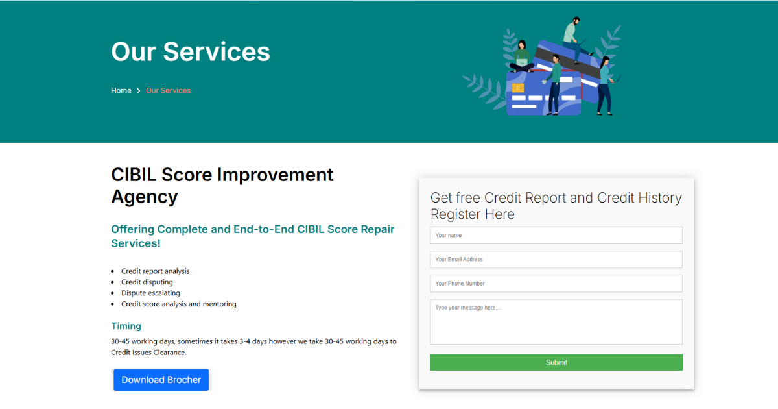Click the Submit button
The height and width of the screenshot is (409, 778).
click(556, 362)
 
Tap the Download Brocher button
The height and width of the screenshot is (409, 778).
click(161, 380)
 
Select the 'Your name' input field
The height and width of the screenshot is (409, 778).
click(556, 235)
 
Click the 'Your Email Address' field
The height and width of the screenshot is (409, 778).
click(556, 259)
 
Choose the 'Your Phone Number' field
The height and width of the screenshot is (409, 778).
click(556, 284)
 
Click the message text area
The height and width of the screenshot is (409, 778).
click(556, 321)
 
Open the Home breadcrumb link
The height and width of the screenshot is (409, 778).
click(121, 91)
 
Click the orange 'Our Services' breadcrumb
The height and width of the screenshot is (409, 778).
click(169, 91)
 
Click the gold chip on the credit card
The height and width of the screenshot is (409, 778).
click(518, 88)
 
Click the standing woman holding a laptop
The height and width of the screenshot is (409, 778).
click(605, 84)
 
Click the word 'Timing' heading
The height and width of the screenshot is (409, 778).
click(126, 326)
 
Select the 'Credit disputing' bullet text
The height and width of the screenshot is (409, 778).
click(147, 282)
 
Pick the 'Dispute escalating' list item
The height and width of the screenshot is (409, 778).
click(150, 293)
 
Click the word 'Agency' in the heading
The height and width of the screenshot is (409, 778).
click(144, 196)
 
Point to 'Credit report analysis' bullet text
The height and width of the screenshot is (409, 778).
click(156, 271)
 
